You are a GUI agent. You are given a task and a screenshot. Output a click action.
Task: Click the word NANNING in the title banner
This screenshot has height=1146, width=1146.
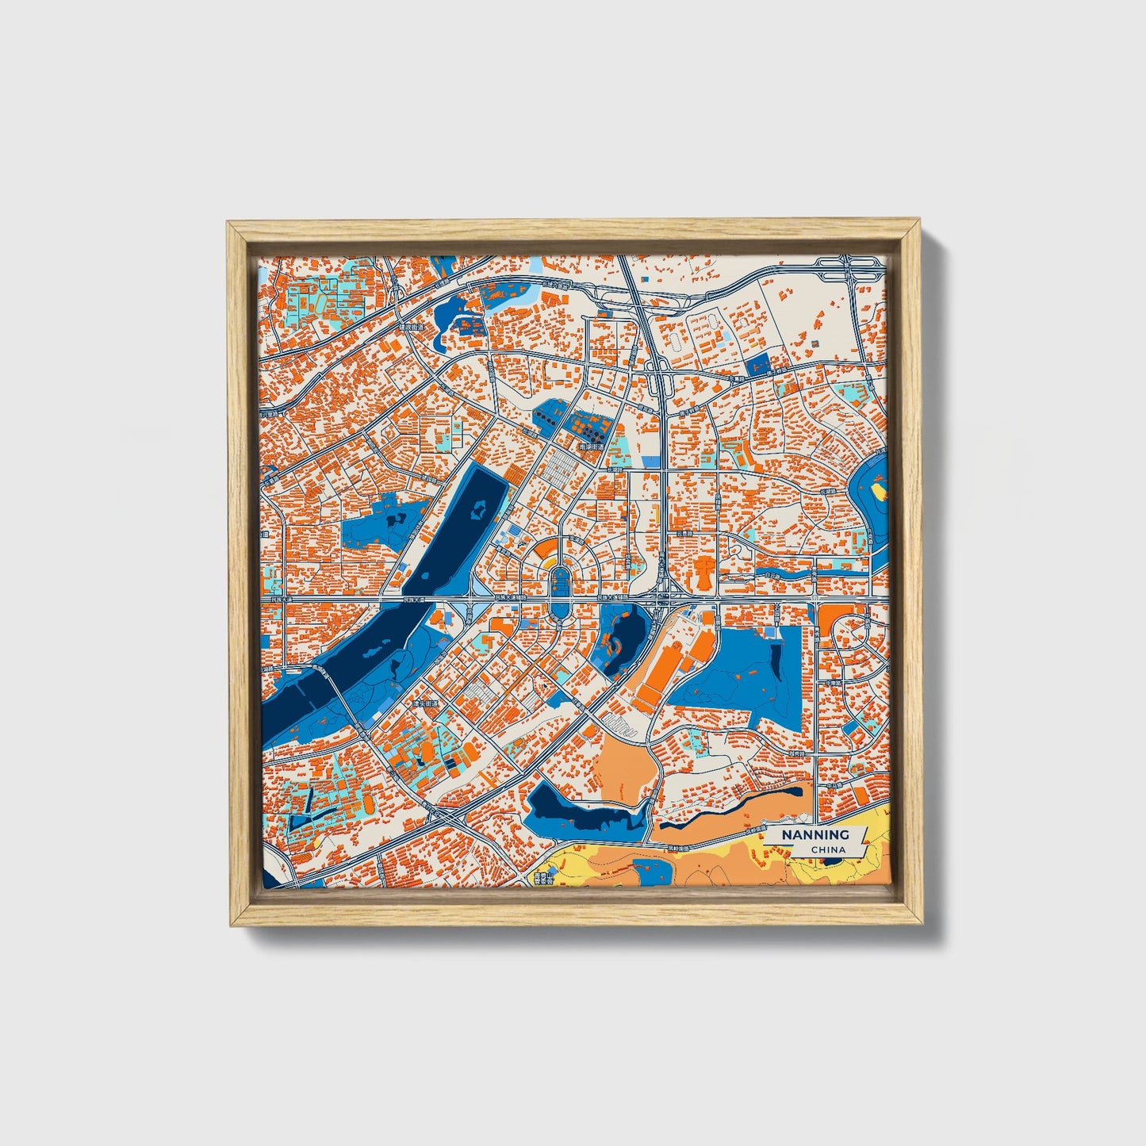click(x=815, y=834)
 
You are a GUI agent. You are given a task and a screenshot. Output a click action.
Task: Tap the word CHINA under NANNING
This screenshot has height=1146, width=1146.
click(x=828, y=849)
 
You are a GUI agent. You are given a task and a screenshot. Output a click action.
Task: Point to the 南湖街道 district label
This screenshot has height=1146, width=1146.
click(x=592, y=447)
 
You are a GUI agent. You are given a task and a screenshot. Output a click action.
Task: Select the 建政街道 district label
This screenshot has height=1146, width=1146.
click(x=412, y=327)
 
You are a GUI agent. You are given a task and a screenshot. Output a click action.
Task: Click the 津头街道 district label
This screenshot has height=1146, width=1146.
click(x=425, y=703)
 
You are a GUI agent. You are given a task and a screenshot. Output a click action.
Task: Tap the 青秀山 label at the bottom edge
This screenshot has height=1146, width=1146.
click(x=542, y=878)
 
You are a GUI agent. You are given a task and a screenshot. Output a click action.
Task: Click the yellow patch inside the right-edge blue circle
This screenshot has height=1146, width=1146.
click(x=879, y=492)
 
